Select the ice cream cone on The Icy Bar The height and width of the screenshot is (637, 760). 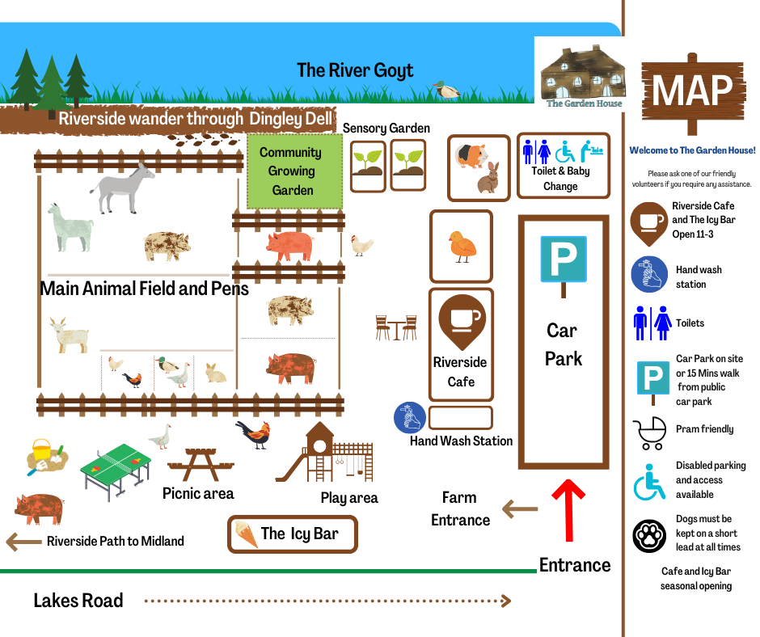point(246,534)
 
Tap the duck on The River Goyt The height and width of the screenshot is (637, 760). point(445,90)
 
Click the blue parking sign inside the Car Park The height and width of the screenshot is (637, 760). point(564,259)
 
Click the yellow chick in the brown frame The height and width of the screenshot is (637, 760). point(462,246)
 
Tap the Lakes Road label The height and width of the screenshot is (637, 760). point(78,601)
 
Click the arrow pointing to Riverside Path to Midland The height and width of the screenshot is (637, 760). point(23,541)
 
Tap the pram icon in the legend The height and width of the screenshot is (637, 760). point(650,432)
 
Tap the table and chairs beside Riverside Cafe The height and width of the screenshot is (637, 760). point(396,327)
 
